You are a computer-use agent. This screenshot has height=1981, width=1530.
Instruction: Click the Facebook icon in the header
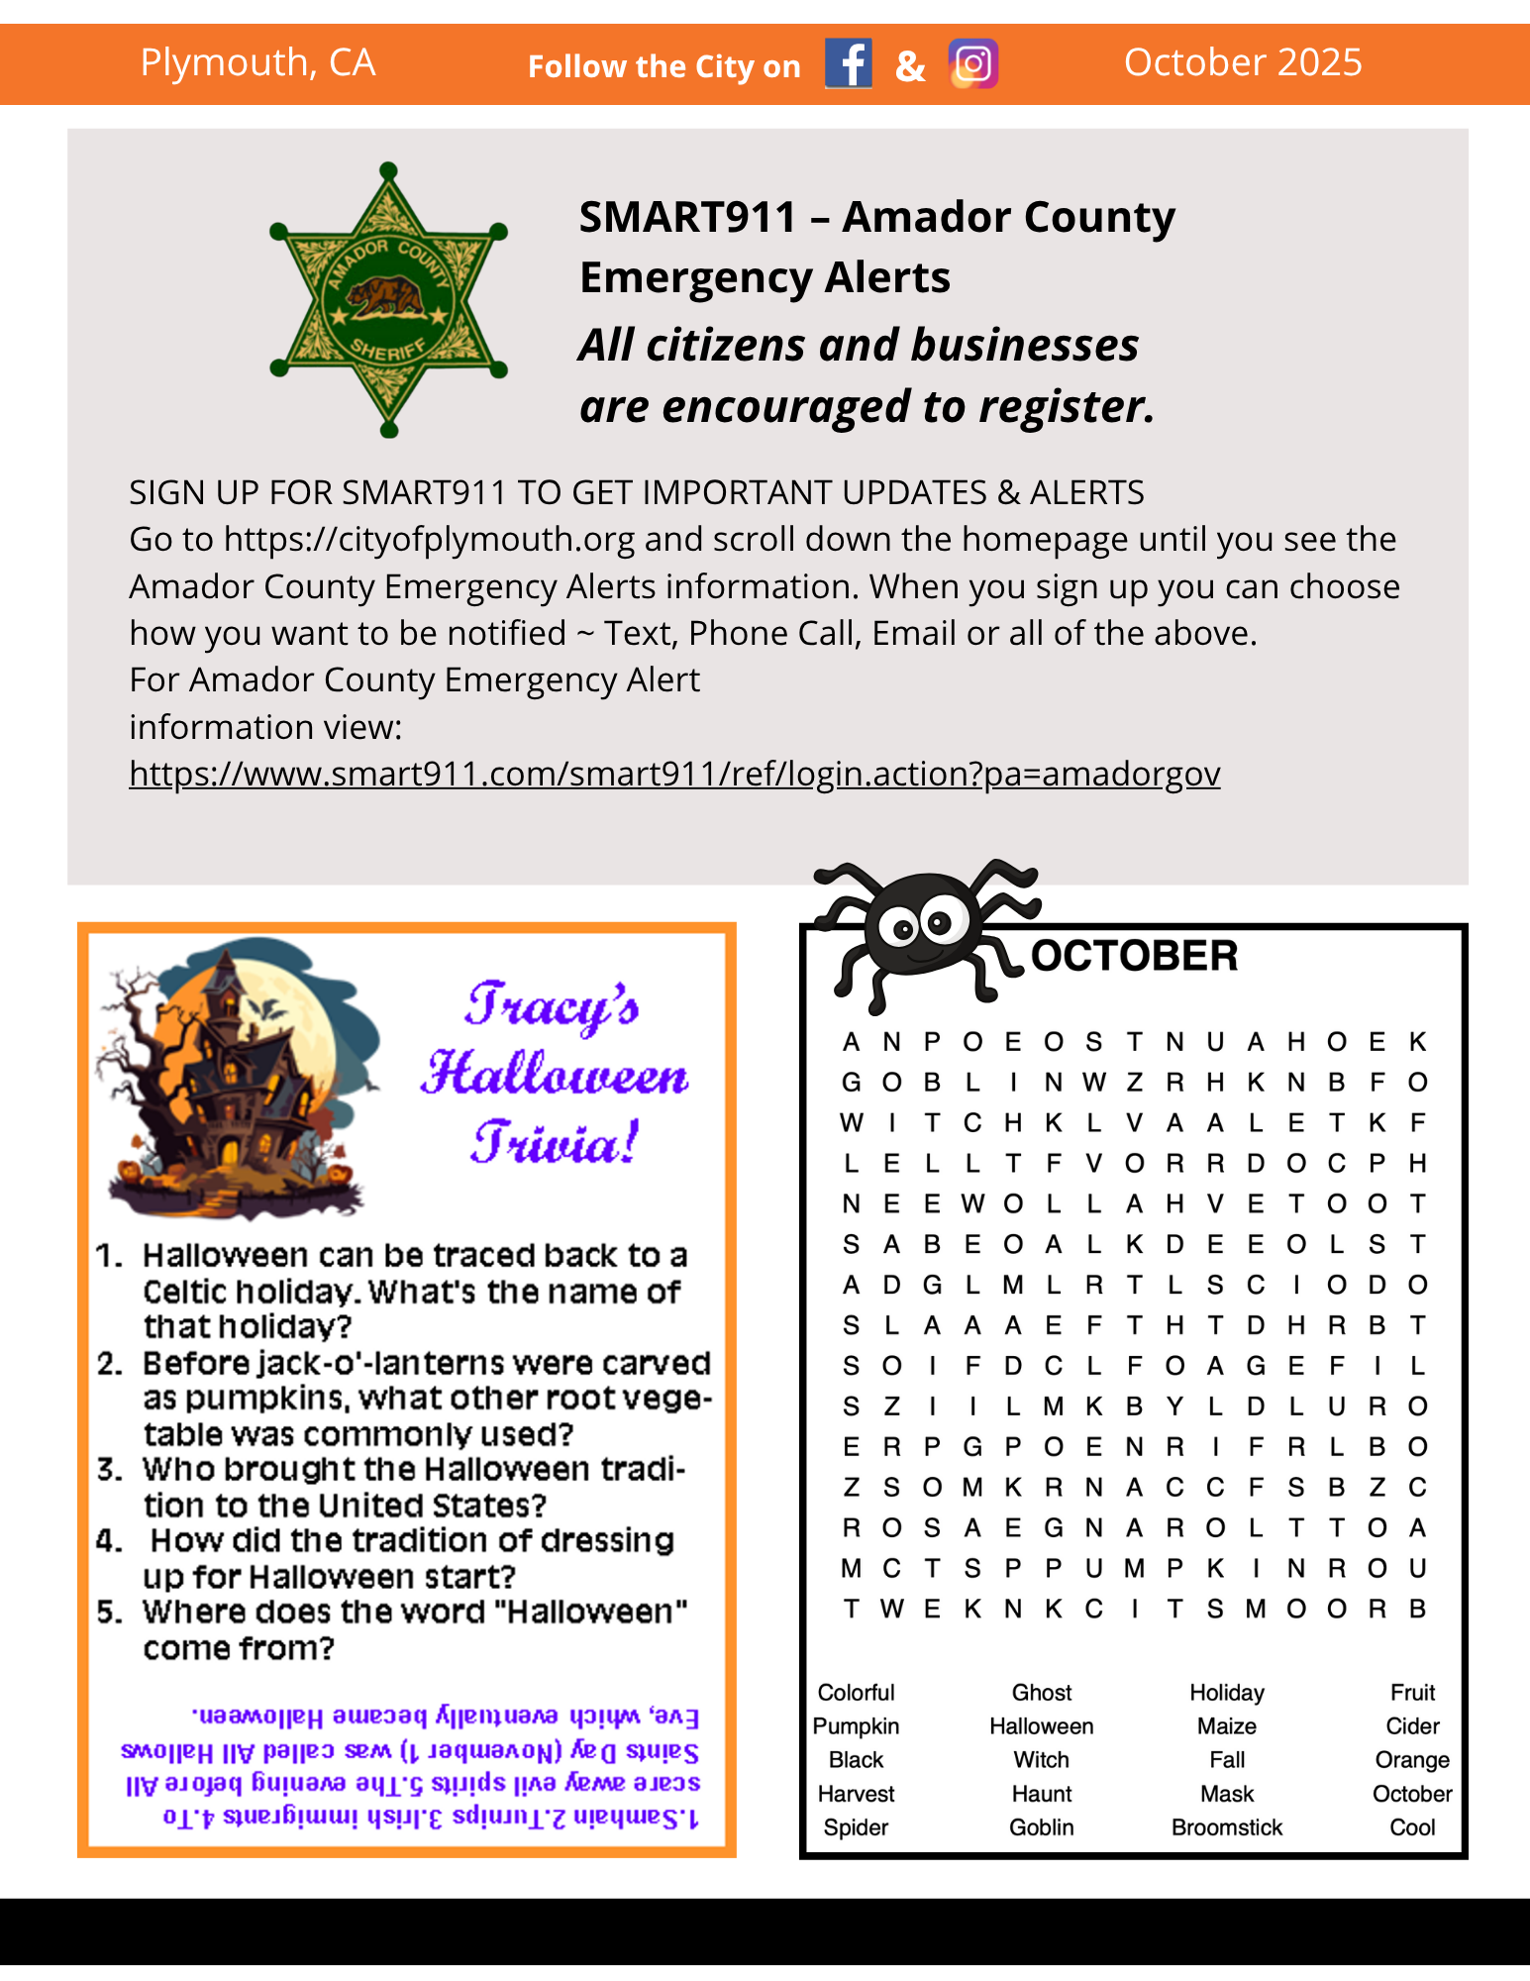849,64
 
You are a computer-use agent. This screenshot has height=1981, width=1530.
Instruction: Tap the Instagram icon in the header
972,64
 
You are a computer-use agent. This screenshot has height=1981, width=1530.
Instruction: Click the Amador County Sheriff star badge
389,300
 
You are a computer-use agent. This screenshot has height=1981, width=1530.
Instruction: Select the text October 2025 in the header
1243,62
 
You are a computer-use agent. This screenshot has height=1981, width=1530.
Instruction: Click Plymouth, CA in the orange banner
257,62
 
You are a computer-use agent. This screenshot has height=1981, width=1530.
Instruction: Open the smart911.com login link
674,774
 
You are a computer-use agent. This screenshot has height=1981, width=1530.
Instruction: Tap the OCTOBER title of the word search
1134,956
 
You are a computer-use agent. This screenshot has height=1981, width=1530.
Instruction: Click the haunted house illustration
238,1080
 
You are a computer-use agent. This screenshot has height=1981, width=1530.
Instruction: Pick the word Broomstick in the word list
1227,1827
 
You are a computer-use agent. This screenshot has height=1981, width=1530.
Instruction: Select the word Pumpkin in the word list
856,1726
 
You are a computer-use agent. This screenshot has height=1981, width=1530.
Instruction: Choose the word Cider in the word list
1412,1726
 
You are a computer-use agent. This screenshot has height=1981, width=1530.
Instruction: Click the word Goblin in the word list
1042,1827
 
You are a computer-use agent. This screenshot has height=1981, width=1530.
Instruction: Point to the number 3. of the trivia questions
110,1469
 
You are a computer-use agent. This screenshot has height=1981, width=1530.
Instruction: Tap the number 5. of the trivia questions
110,1613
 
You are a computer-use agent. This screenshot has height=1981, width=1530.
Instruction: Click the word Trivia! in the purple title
555,1144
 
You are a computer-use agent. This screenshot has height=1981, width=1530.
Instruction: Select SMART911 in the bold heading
687,217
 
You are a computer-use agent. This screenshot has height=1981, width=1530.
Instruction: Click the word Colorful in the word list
856,1693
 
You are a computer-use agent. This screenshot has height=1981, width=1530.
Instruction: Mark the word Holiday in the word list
1227,1693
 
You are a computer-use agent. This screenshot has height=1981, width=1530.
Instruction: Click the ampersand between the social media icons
910,66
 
